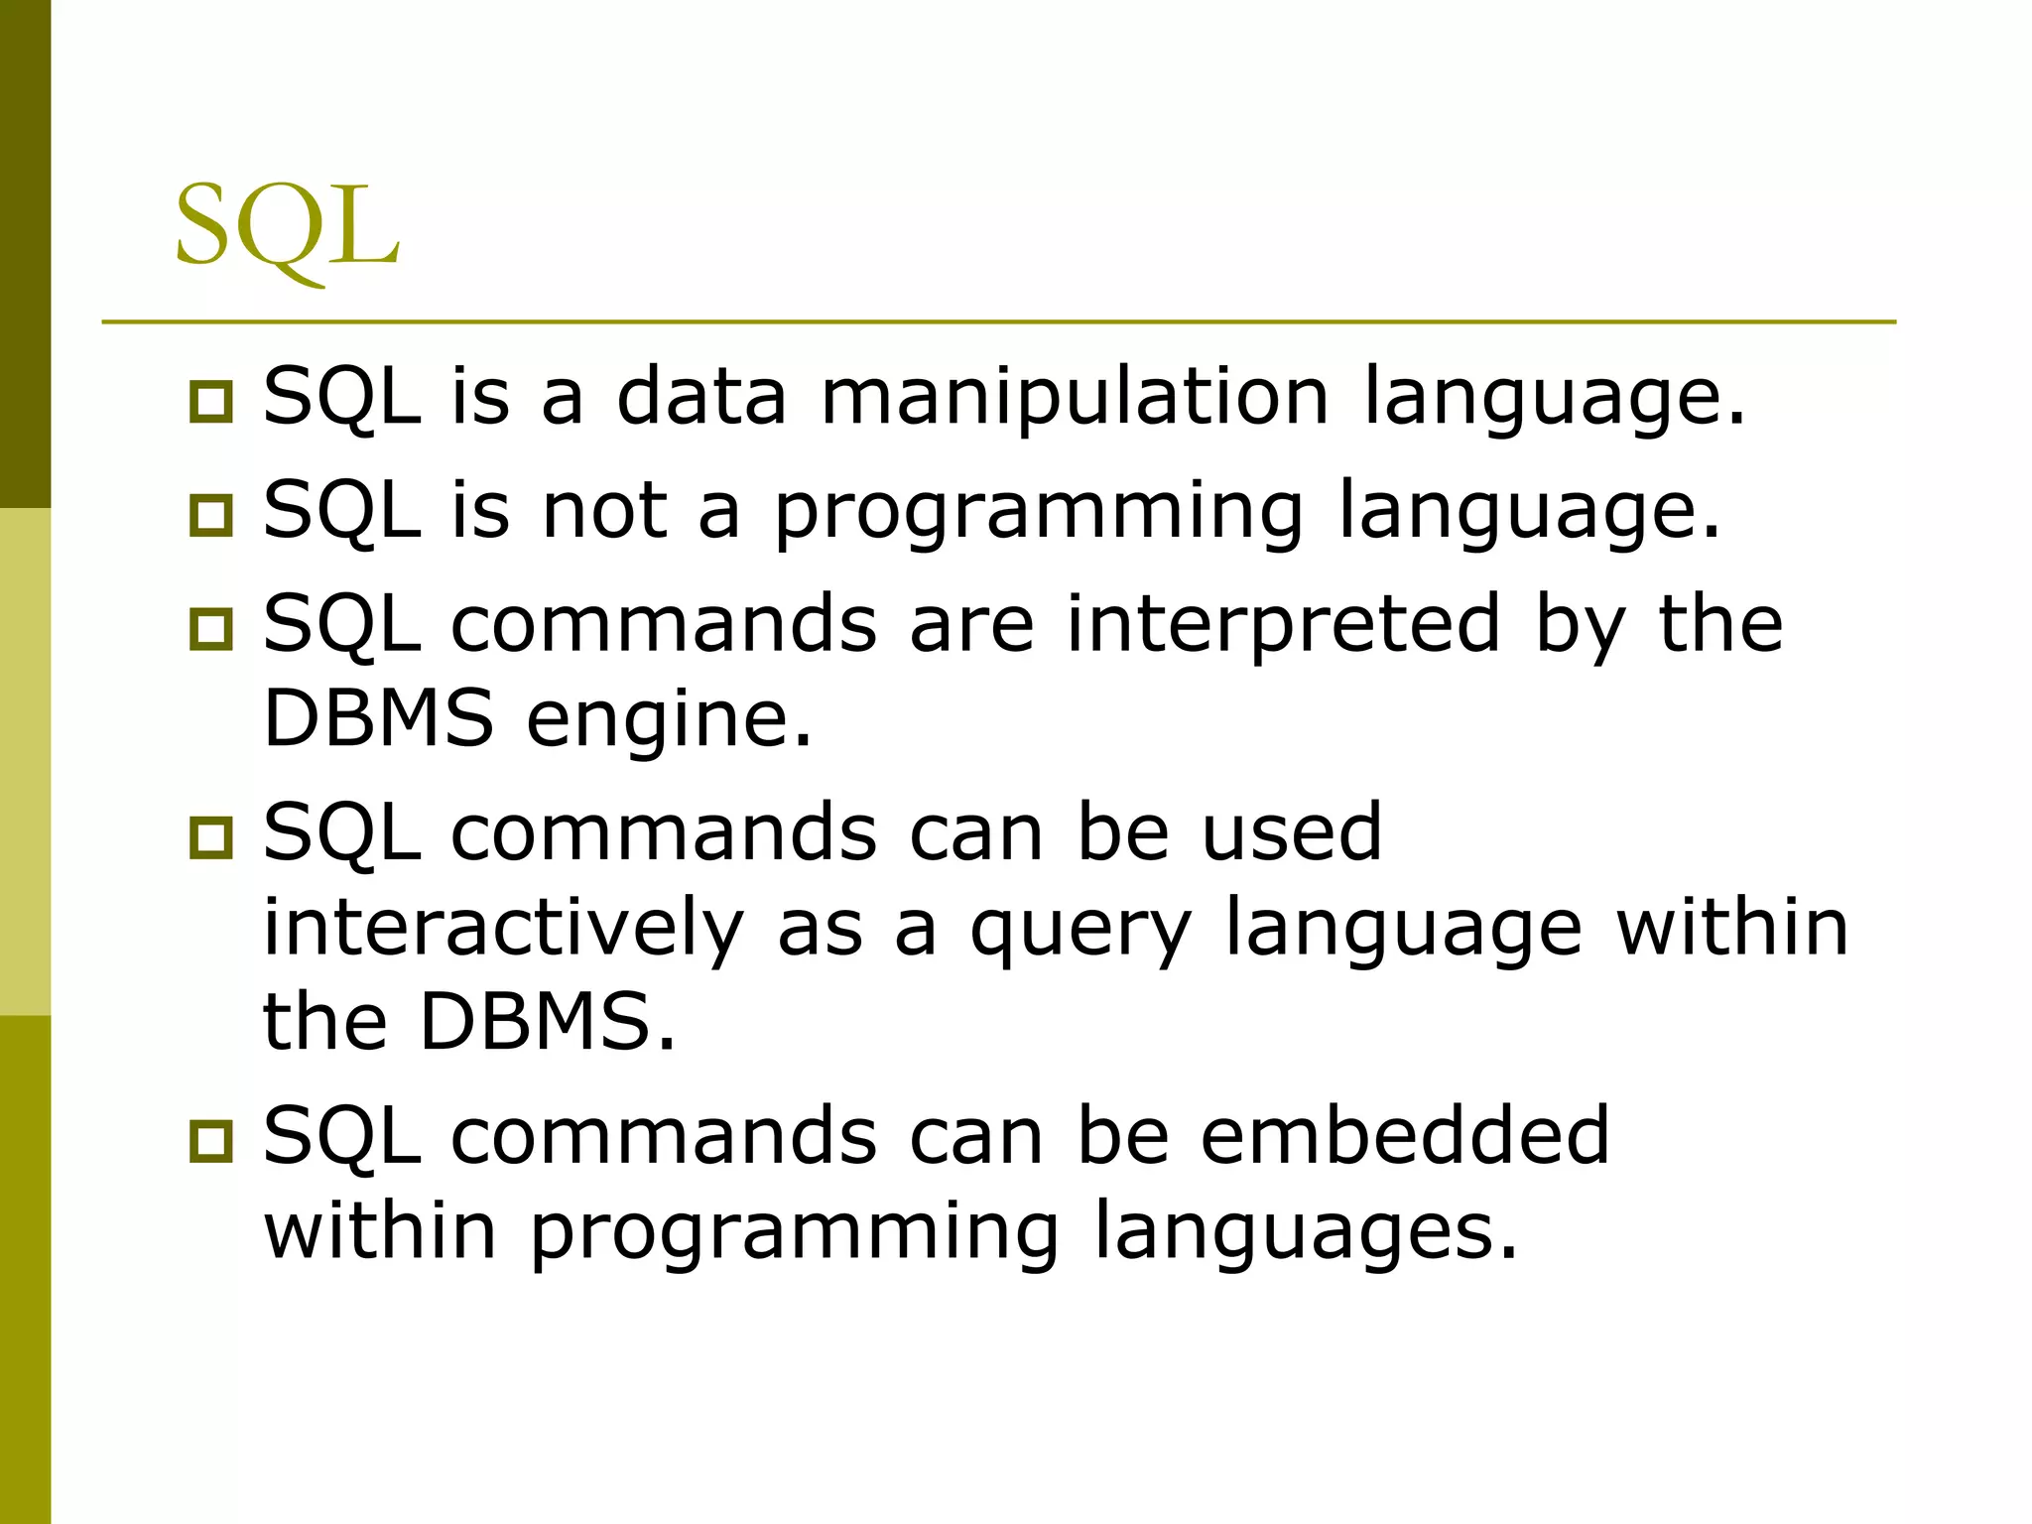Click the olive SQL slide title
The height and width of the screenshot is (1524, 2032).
click(287, 228)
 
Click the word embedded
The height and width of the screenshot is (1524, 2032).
click(1404, 1135)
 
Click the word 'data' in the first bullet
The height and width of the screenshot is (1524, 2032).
click(701, 397)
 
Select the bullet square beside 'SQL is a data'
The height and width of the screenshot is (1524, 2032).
click(210, 403)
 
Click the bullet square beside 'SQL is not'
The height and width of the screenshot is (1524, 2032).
click(210, 516)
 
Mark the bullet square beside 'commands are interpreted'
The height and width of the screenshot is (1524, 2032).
click(210, 630)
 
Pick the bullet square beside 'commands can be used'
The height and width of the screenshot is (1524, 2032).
click(210, 837)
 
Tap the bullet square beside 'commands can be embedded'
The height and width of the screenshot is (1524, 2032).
click(210, 1141)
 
